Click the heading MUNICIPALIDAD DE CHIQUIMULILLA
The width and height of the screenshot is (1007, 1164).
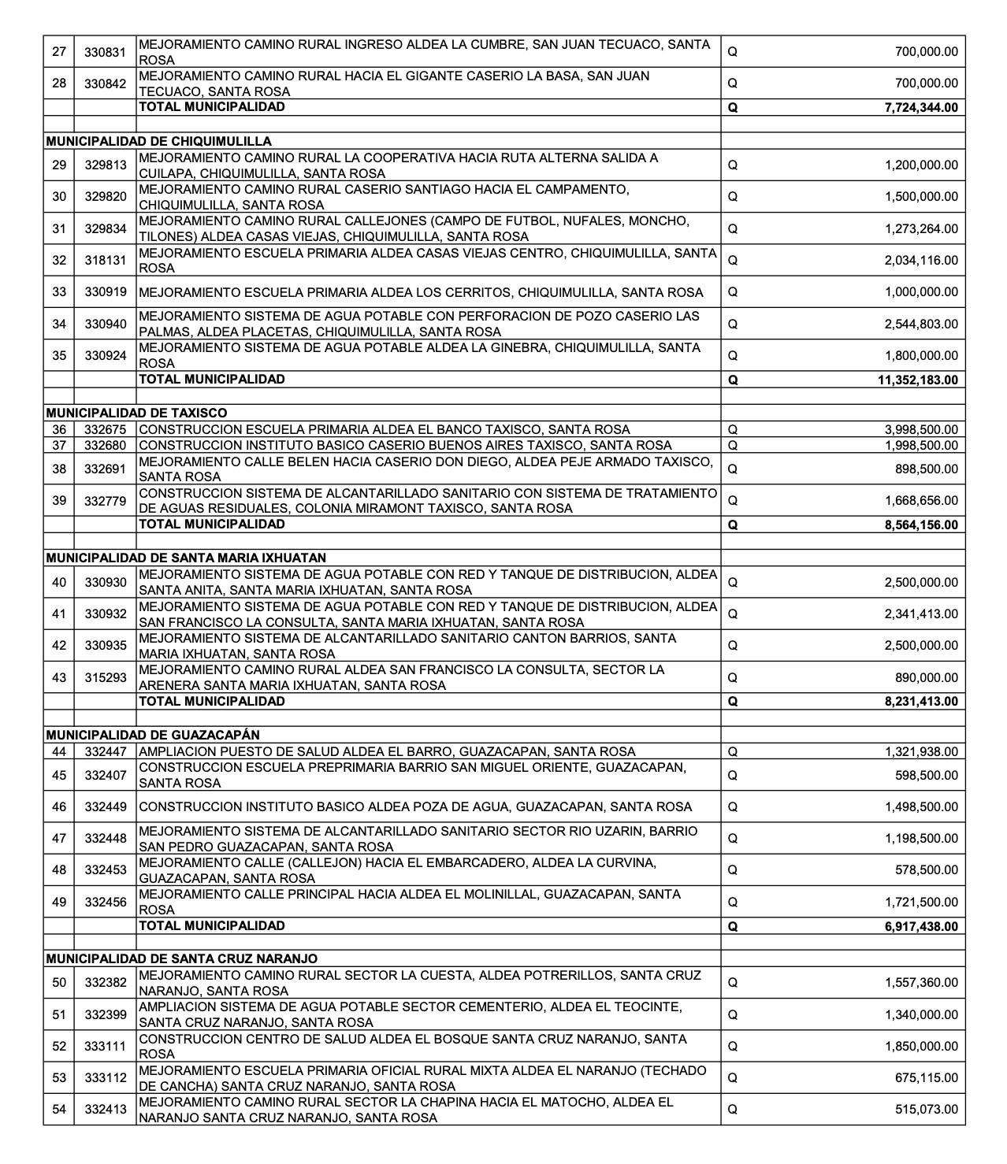pyautogui.click(x=158, y=142)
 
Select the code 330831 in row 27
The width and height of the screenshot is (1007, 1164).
pyautogui.click(x=105, y=52)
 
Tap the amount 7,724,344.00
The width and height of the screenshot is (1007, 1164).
pyautogui.click(x=921, y=108)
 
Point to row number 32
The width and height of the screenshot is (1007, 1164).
pyautogui.click(x=59, y=261)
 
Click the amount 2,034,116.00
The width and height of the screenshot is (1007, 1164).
pyautogui.click(x=921, y=261)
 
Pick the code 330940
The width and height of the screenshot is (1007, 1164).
pyautogui.click(x=105, y=324)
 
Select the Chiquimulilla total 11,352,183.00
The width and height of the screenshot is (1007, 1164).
pyautogui.click(x=917, y=380)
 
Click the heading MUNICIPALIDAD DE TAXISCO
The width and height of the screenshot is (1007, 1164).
pyautogui.click(x=136, y=413)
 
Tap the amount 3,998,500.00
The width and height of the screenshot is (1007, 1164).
pyautogui.click(x=921, y=430)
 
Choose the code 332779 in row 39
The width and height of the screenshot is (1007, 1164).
pyautogui.click(x=105, y=501)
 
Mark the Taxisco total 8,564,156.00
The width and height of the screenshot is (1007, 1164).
pyautogui.click(x=921, y=525)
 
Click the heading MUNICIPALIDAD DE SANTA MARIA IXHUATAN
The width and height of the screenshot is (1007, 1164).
pyautogui.click(x=186, y=558)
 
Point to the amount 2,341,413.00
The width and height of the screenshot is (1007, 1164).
pyautogui.click(x=921, y=614)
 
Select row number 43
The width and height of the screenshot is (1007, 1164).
pyautogui.click(x=59, y=677)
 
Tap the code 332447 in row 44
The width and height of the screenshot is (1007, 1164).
pyautogui.click(x=105, y=752)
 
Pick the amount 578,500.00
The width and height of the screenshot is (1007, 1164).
pyautogui.click(x=927, y=870)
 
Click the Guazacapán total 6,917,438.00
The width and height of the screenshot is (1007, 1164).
pyautogui.click(x=921, y=927)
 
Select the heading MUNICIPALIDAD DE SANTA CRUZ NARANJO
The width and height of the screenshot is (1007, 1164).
pyautogui.click(x=182, y=959)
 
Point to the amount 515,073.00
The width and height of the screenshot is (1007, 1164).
pyautogui.click(x=927, y=1110)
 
